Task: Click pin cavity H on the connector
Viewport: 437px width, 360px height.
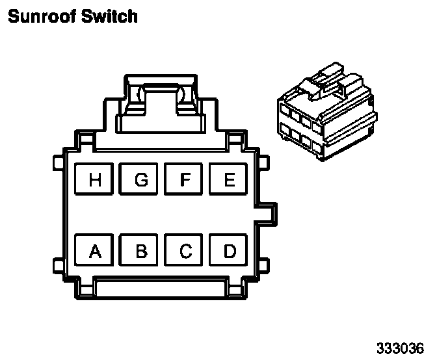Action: tap(96, 179)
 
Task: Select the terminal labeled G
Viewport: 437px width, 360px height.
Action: tap(140, 179)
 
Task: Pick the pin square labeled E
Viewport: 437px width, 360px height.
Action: tap(229, 179)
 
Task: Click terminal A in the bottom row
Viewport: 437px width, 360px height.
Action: tap(96, 250)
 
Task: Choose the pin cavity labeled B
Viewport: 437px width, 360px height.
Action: tap(140, 250)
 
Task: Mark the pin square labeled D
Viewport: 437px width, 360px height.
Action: tap(229, 250)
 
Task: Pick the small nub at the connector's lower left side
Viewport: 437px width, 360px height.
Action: tap(57, 265)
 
